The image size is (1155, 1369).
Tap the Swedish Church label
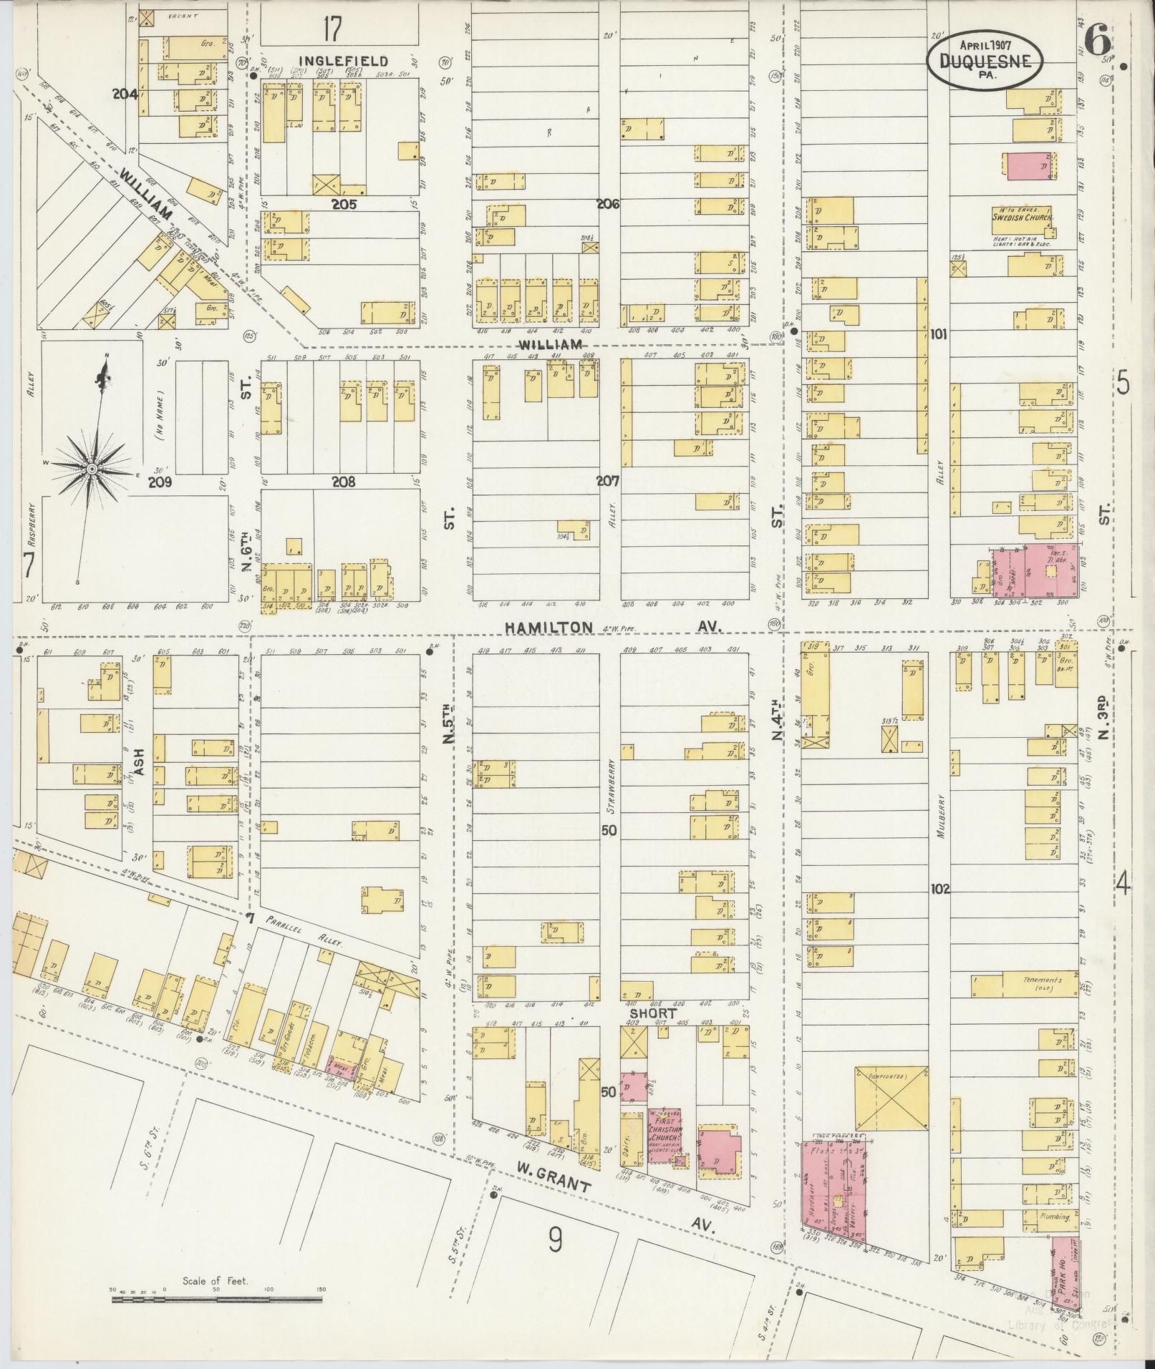click(1025, 215)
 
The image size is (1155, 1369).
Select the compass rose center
click(92, 468)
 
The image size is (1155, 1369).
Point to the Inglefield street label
click(343, 61)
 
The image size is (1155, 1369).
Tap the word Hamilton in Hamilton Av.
click(548, 627)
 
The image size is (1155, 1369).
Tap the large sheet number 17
click(332, 30)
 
